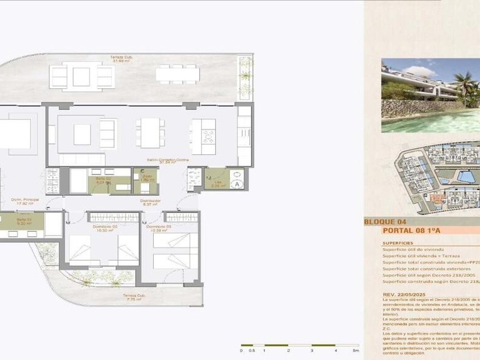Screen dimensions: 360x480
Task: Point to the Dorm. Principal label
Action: (x=25, y=201)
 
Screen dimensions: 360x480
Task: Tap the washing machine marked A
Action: (x=236, y=184)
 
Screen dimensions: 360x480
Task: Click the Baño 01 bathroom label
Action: (x=24, y=221)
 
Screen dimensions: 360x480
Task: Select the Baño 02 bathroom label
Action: (x=103, y=181)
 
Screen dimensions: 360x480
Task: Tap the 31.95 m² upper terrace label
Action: (x=121, y=59)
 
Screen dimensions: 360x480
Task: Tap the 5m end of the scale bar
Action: (x=356, y=351)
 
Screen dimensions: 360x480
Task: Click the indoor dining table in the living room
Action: (x=150, y=132)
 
